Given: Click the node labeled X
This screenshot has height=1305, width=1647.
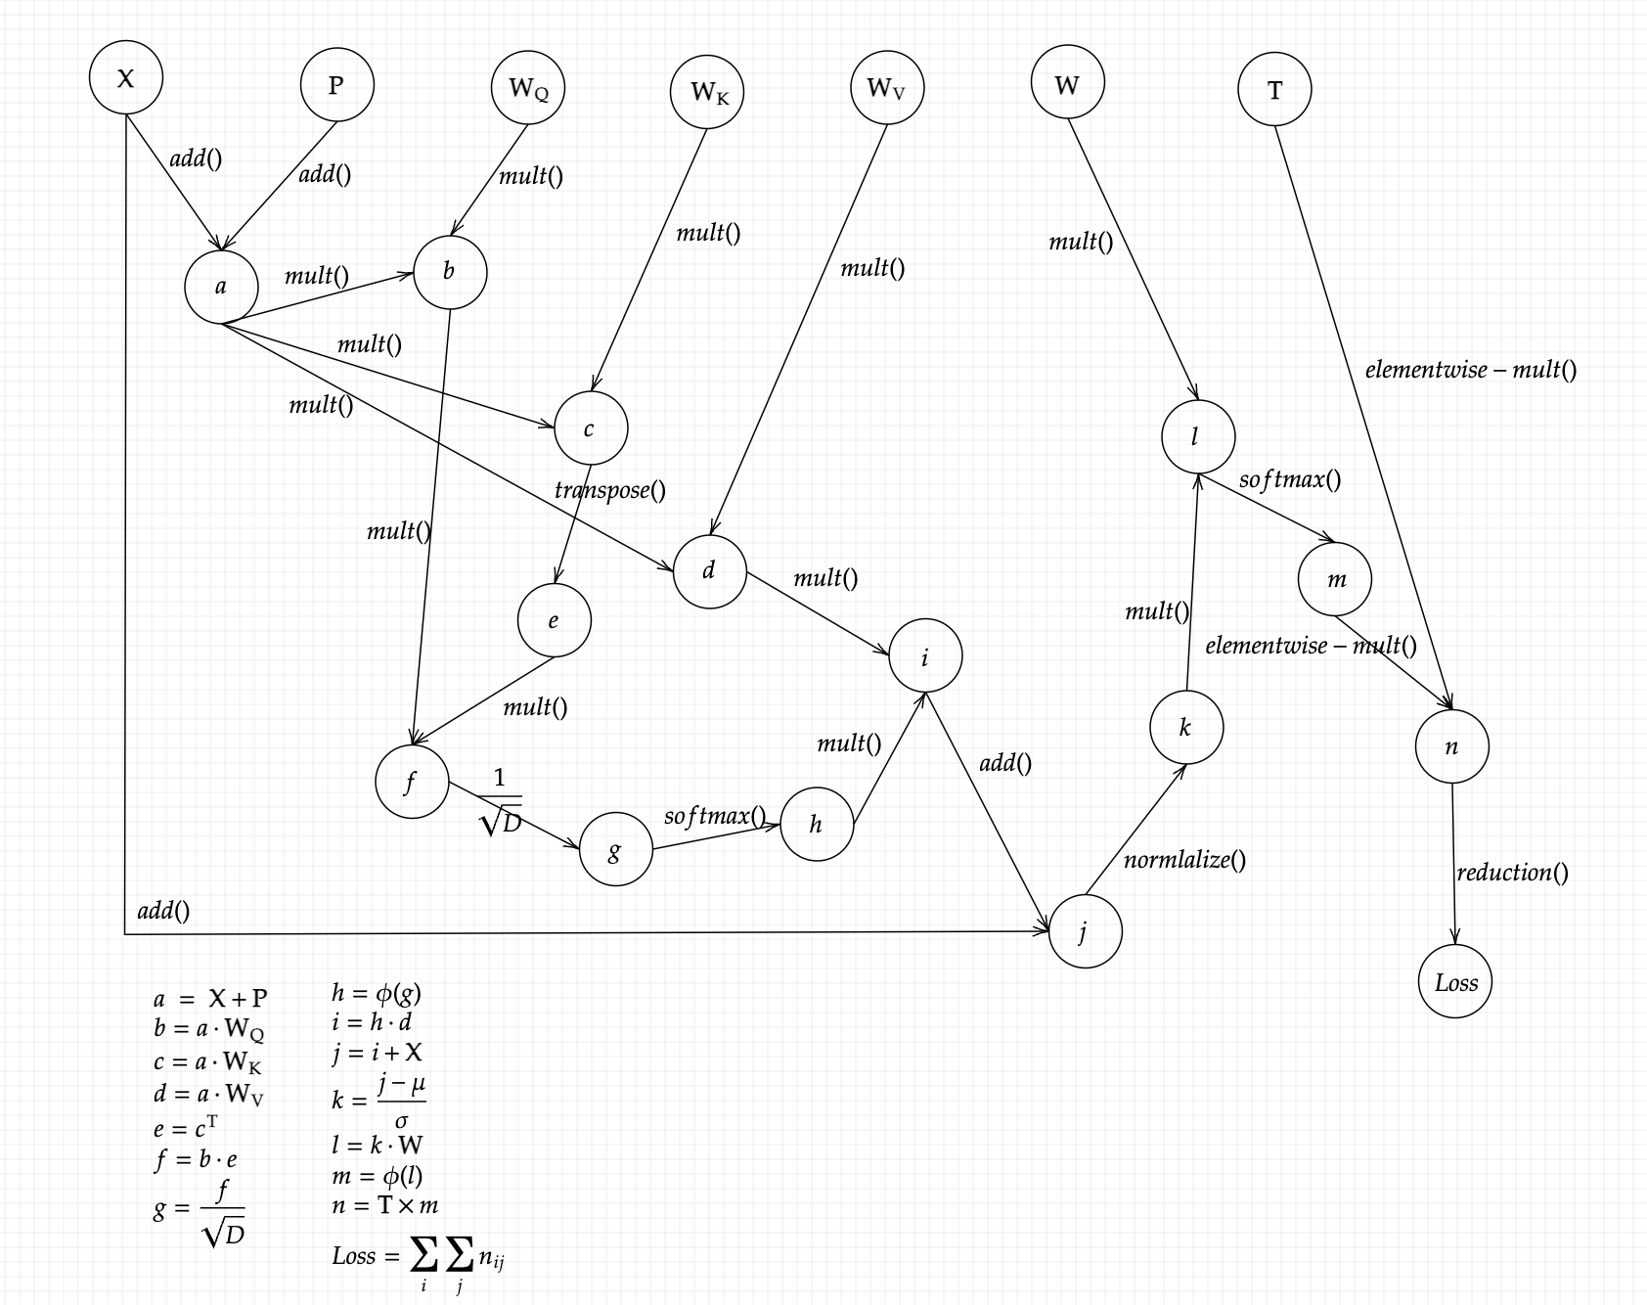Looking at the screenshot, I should (x=125, y=77).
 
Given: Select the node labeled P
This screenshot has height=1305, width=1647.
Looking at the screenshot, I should (x=336, y=85).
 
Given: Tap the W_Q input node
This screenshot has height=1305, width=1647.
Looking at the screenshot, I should (x=528, y=88).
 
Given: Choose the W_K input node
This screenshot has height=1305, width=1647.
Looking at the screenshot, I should (x=707, y=92).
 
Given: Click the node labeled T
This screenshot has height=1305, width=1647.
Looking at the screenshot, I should (x=1274, y=90).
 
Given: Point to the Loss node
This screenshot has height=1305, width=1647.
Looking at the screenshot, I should (x=1455, y=982).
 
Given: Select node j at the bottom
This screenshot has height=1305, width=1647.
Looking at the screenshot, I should (x=1085, y=931).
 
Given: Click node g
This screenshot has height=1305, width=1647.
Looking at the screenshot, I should (x=615, y=850).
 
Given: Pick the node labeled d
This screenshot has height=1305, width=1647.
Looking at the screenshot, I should (x=709, y=571).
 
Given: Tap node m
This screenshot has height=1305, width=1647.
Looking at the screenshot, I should (x=1335, y=579).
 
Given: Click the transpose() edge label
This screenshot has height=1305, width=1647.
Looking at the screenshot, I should (x=609, y=489).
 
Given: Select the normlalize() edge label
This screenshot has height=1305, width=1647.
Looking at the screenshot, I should (x=1184, y=860).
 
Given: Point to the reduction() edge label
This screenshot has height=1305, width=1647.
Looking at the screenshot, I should (x=1512, y=872).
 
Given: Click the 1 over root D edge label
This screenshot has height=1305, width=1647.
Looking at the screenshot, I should (x=501, y=802).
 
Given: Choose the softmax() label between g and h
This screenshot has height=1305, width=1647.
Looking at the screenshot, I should (x=714, y=816).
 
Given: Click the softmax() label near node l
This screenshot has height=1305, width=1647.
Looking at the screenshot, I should (x=1289, y=479).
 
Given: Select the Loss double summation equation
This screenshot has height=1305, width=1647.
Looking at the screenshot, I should (x=418, y=1258).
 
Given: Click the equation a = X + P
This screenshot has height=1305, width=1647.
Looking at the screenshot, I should (x=210, y=999).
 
